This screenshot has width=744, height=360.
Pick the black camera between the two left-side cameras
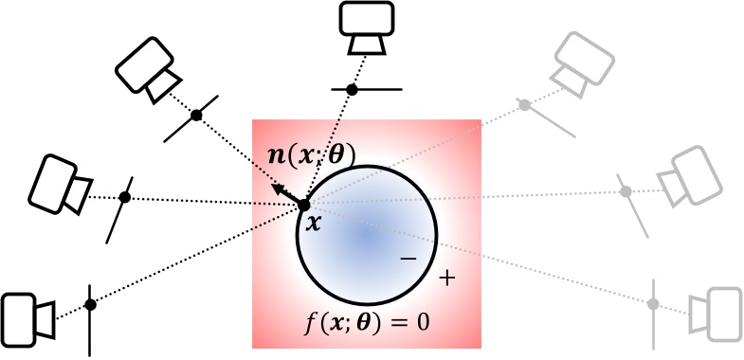click(61, 183)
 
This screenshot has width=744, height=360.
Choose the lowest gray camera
click(712, 310)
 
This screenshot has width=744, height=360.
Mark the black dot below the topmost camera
click(352, 89)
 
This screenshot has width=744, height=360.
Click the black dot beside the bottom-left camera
click(90, 304)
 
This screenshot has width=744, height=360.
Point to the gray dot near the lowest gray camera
click(651, 304)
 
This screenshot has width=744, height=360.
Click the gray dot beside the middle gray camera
click(626, 192)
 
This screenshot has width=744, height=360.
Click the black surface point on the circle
click(304, 205)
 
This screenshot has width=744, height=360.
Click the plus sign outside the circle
click(447, 279)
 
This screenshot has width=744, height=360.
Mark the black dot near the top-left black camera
click(197, 115)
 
